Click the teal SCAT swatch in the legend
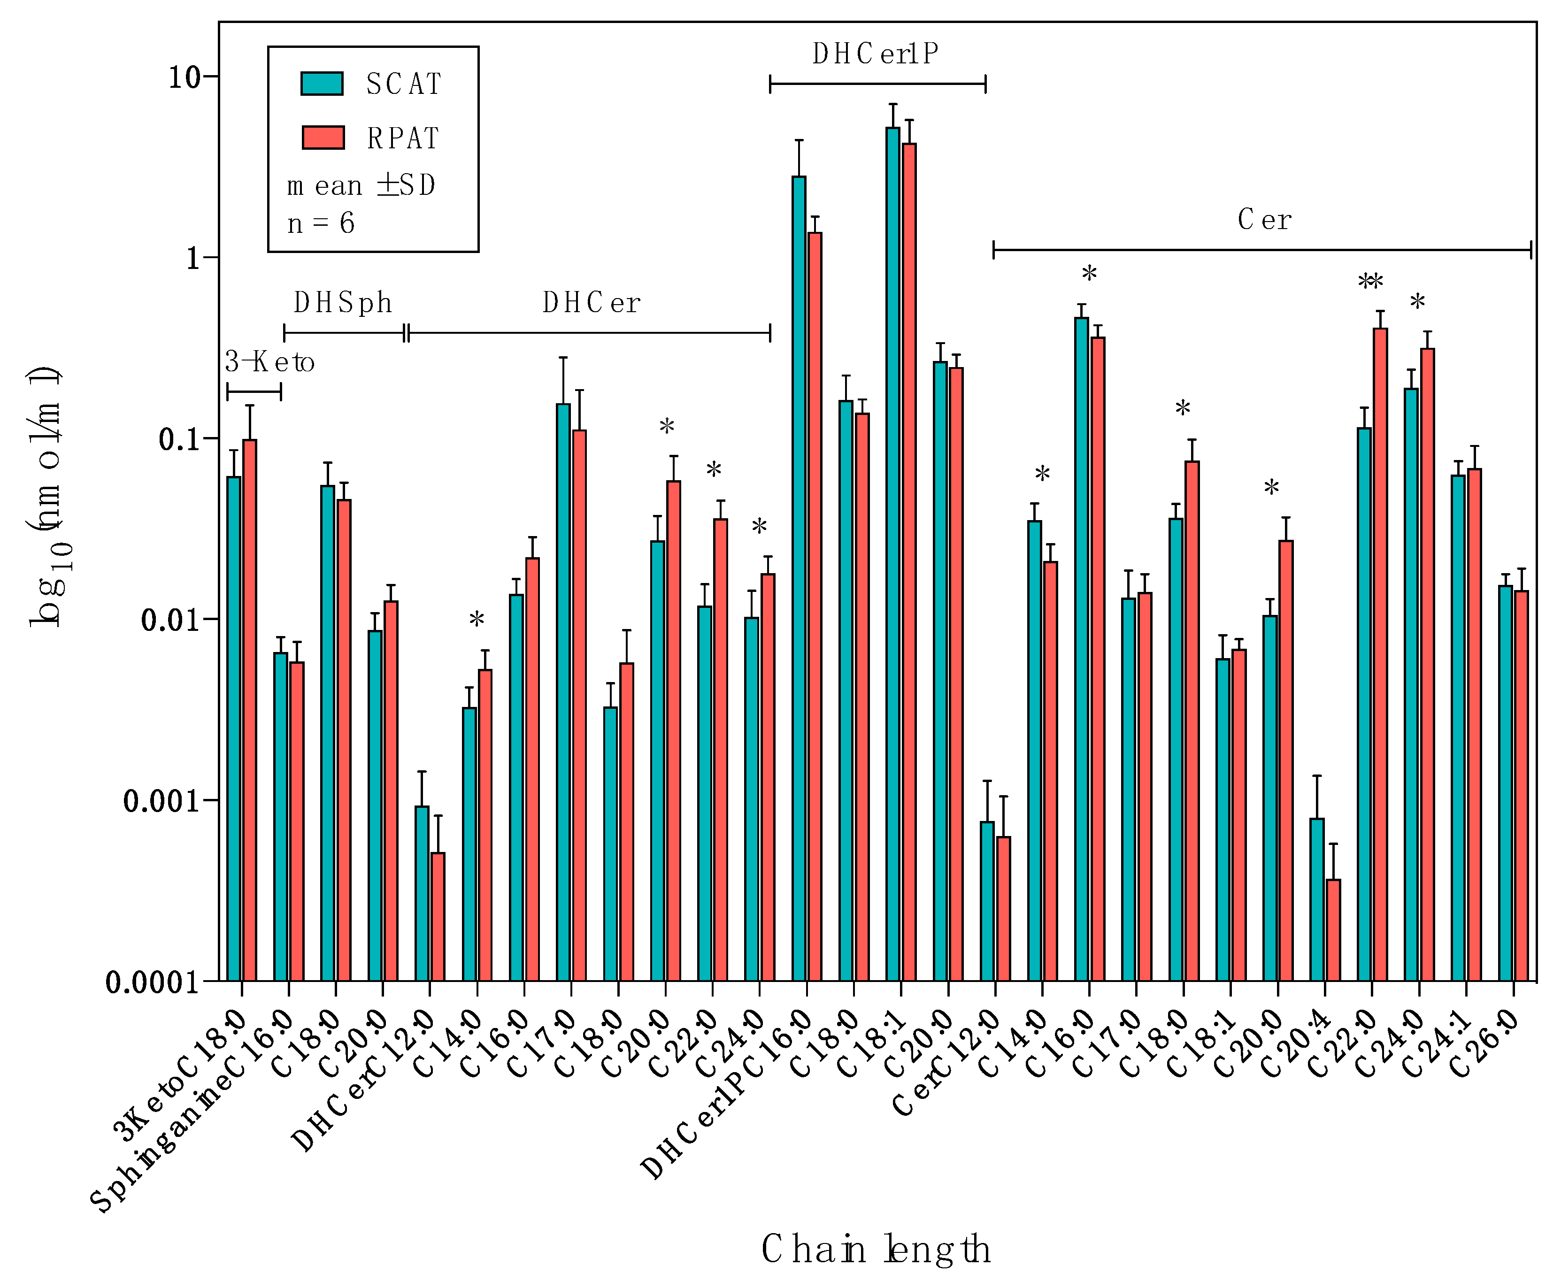322,84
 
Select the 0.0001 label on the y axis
152,982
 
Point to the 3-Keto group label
269,361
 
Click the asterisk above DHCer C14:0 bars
477,620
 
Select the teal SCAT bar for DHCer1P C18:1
893,553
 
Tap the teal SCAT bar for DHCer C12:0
422,893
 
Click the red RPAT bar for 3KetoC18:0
250,708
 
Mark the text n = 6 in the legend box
321,223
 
